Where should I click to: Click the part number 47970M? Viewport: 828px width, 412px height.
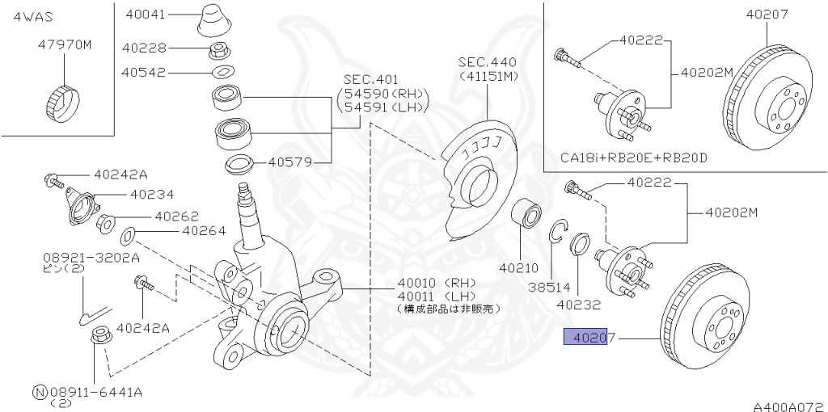tap(65, 45)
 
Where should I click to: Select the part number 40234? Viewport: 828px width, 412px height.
tap(152, 195)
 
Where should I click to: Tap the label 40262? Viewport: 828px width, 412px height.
tap(176, 217)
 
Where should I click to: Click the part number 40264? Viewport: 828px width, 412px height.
tap(204, 230)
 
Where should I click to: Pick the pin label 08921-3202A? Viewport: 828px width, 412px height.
tap(91, 259)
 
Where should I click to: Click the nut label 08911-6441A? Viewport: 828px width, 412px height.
tap(98, 392)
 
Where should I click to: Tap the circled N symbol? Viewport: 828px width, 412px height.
tap(39, 392)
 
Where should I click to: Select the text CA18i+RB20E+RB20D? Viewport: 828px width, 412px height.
tap(633, 157)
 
